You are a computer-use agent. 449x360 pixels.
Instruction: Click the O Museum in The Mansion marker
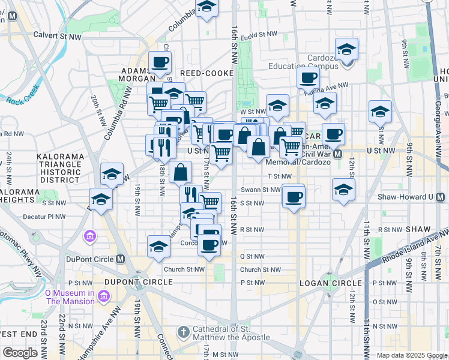(x=104, y=296)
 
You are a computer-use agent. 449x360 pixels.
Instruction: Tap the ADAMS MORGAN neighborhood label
(x=139, y=74)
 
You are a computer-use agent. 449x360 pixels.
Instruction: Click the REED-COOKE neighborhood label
(x=202, y=73)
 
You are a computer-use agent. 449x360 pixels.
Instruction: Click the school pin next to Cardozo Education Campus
(x=346, y=50)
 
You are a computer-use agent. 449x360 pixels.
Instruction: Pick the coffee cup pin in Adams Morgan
(x=160, y=62)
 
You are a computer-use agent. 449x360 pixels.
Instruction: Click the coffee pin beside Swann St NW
(x=294, y=196)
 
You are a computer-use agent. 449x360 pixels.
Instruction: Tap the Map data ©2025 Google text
(x=411, y=355)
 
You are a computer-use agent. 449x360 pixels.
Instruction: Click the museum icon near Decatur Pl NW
(x=90, y=236)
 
